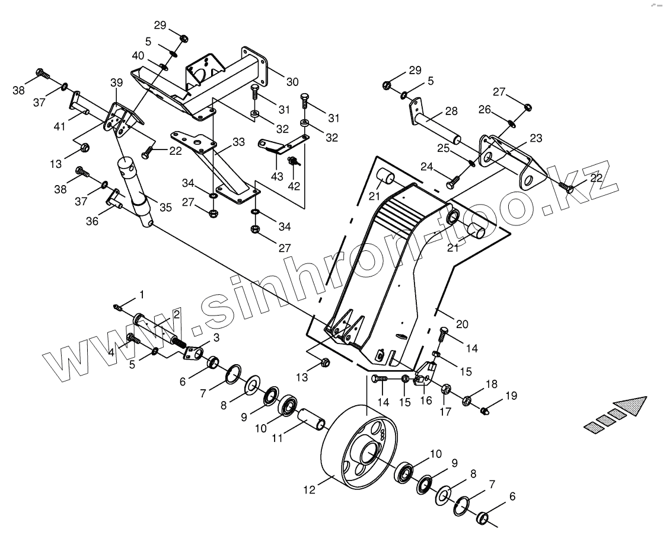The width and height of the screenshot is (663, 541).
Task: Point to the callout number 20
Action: (x=462, y=324)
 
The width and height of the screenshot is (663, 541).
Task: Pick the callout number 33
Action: (x=238, y=142)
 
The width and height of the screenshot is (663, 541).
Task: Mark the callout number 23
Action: (x=535, y=139)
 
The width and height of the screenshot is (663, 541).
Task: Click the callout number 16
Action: (x=425, y=400)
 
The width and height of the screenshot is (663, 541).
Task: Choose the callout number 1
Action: (x=141, y=294)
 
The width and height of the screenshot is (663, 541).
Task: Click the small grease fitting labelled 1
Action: (x=118, y=307)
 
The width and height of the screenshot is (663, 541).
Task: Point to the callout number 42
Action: (x=294, y=185)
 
